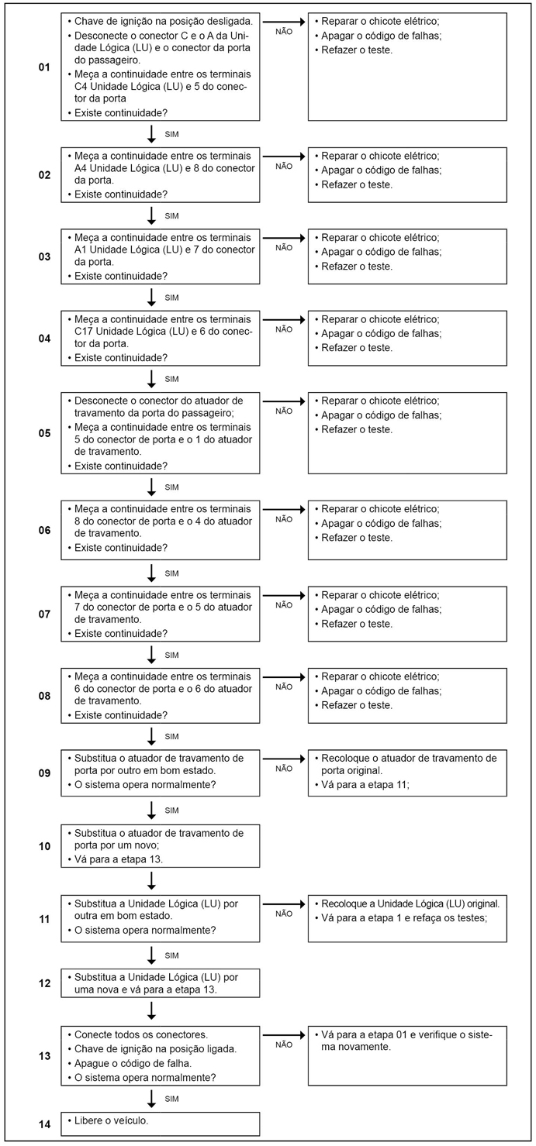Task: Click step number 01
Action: click(x=44, y=67)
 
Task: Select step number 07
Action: click(x=44, y=614)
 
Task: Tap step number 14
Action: click(x=44, y=1123)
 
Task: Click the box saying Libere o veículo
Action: click(x=161, y=1124)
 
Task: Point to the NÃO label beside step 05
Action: click(x=284, y=411)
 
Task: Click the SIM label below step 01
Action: click(x=172, y=134)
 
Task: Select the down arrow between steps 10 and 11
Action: click(x=152, y=879)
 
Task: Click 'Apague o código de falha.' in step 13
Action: click(x=133, y=1063)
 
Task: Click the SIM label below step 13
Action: click(x=172, y=1099)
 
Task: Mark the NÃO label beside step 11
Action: click(x=284, y=914)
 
